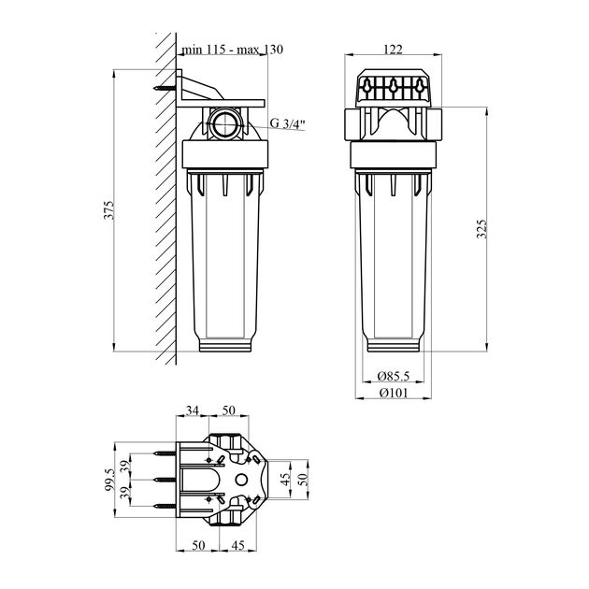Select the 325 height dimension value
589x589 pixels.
pyautogui.click(x=481, y=230)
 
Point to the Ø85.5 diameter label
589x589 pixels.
pyautogui.click(x=393, y=375)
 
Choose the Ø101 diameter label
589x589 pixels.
pyautogui.click(x=393, y=393)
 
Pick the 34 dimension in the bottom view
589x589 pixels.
pyautogui.click(x=193, y=411)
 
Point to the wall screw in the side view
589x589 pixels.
pyautogui.click(x=167, y=90)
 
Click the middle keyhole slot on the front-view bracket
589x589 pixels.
pyautogui.click(x=393, y=90)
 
